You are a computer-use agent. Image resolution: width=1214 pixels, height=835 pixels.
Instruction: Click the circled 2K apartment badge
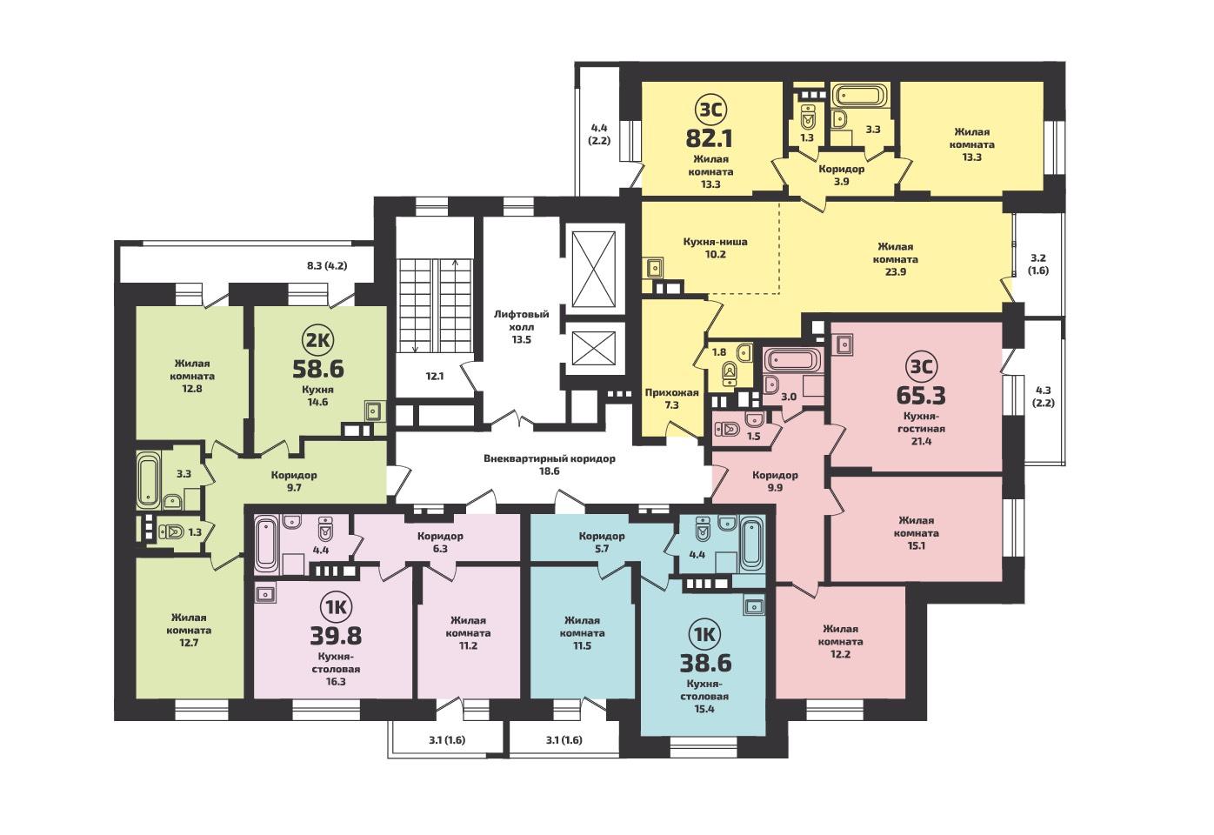tap(318, 341)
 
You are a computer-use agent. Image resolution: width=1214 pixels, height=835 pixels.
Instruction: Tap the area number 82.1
tap(709, 139)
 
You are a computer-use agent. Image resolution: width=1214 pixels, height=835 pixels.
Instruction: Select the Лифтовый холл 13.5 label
tap(522, 327)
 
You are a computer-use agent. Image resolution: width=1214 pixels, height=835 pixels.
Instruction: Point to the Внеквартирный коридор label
tap(550, 458)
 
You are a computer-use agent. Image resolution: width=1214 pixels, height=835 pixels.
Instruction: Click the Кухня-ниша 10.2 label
tap(715, 248)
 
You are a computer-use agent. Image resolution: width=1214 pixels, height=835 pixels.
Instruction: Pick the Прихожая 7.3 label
tap(671, 398)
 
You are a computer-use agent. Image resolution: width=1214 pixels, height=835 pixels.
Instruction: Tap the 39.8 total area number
tap(336, 636)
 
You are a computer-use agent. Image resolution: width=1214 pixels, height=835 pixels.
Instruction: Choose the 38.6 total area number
tap(705, 663)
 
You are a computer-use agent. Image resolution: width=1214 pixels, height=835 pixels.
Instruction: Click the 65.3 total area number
tap(921, 395)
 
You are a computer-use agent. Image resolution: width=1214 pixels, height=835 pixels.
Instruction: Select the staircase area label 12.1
tap(435, 376)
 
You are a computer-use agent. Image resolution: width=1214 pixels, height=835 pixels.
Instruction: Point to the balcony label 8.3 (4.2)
tap(327, 265)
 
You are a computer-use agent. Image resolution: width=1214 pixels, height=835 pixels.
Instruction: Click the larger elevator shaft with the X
tap(594, 270)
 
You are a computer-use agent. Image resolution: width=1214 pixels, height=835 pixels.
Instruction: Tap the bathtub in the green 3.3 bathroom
tap(148, 479)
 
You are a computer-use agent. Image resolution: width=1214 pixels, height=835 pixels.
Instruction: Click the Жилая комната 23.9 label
tap(896, 259)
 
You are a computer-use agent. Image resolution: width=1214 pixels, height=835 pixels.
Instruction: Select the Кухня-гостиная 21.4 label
tap(921, 428)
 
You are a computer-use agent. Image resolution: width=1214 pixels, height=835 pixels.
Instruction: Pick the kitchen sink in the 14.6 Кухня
tap(372, 411)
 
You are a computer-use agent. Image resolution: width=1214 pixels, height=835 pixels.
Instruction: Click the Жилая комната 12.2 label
tap(840, 641)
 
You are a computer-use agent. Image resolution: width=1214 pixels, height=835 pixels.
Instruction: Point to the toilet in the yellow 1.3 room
tap(808, 116)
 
